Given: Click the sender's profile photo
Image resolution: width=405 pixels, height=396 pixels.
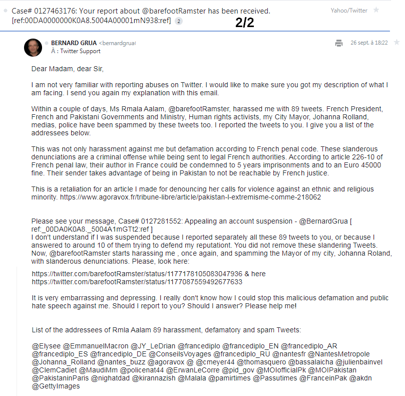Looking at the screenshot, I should click(x=33, y=47).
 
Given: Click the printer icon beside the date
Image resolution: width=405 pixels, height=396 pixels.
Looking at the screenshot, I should click(x=339, y=43).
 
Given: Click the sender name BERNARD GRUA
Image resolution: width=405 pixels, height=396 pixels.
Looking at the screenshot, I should click(x=74, y=43).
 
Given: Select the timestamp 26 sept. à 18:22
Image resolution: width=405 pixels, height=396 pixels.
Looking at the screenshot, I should click(x=369, y=43).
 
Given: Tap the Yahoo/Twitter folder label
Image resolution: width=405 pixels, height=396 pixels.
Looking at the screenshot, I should click(x=348, y=10).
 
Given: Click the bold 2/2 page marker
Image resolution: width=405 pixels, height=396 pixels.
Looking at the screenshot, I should click(x=245, y=24).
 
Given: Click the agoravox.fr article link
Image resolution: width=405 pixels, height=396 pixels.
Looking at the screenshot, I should click(x=190, y=197).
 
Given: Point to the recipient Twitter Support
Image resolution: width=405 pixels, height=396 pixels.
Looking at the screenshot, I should click(x=80, y=51).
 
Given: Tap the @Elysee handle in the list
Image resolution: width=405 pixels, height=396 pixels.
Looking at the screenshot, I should click(x=46, y=345).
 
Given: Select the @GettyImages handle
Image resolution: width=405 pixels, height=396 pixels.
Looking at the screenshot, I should click(x=56, y=386).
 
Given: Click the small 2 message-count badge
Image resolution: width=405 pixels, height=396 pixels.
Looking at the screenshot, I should click(x=179, y=21).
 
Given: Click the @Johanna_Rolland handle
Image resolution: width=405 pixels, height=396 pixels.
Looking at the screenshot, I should click(x=63, y=362).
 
